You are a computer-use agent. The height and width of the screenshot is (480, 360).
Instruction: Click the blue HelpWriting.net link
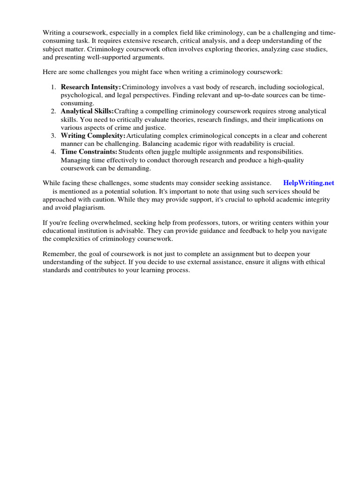(x=308, y=183)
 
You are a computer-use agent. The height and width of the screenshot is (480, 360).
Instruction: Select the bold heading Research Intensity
(x=90, y=87)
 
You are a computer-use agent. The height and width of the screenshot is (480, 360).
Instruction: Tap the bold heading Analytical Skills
(x=87, y=112)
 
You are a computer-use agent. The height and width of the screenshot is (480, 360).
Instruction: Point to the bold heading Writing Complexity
(x=93, y=136)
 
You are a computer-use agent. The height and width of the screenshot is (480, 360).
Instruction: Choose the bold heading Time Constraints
(x=89, y=152)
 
